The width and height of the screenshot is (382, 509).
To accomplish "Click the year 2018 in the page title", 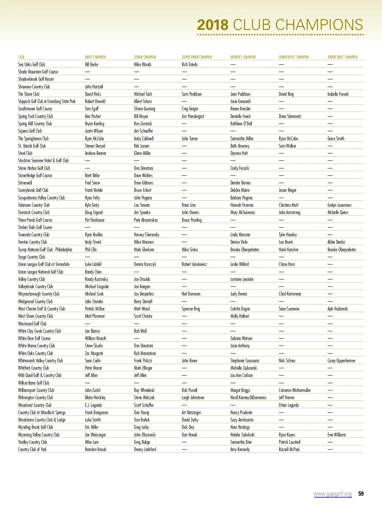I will [x=213, y=25].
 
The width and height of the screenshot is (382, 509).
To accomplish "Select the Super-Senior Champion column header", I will [x=196, y=57].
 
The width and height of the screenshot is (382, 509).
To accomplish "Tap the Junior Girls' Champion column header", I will [x=342, y=57].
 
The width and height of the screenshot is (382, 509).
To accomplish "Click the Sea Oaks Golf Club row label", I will [x=32, y=64].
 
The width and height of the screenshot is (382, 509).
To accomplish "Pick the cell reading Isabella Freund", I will [x=338, y=94].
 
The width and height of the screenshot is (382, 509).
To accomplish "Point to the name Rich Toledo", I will [x=189, y=64].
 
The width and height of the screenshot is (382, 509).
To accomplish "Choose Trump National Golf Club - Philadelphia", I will [x=45, y=250].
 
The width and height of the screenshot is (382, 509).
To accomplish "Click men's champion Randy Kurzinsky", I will [x=96, y=279].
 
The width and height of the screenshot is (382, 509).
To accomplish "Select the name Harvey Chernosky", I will [x=146, y=235].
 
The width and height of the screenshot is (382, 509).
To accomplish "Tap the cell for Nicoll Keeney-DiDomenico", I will [x=248, y=398].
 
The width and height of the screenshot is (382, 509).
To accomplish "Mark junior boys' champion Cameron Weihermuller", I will [x=294, y=390].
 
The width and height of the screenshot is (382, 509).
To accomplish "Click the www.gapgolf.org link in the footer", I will [x=332, y=494].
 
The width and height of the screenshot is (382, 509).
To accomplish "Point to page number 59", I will [x=361, y=494].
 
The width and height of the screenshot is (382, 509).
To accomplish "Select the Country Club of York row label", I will [x=32, y=450].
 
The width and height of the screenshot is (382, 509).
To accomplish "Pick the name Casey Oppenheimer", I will [x=341, y=361].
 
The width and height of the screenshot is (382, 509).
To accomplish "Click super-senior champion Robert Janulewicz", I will [x=194, y=264].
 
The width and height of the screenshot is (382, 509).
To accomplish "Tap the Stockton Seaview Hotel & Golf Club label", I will [x=43, y=161].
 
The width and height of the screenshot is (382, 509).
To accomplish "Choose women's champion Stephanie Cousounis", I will [x=244, y=361].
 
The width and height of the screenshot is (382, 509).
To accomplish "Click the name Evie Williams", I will [x=336, y=435].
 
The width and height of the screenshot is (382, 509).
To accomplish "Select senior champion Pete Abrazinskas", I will [x=145, y=220].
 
